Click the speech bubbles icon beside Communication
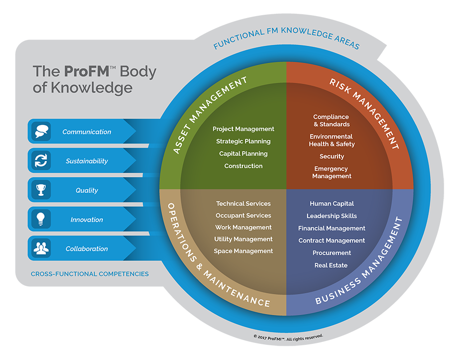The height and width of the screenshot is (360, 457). point(41,131)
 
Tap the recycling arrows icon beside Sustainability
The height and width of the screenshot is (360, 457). point(41,160)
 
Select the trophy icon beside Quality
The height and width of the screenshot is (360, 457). point(41,190)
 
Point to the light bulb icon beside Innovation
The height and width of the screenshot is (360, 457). point(41,219)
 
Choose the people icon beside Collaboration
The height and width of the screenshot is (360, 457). point(41,248)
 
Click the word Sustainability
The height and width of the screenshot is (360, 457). point(87,161)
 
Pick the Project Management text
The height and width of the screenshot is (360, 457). point(243,129)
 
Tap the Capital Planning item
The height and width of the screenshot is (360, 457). point(243,154)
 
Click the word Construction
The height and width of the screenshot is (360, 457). point(243,166)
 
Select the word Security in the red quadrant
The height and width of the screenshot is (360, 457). point(332,156)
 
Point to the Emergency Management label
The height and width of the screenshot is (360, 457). point(332,173)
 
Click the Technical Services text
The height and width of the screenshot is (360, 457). point(243,204)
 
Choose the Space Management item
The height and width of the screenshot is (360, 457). point(243,251)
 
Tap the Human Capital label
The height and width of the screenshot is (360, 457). point(332,204)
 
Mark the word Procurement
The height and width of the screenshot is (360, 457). point(332,253)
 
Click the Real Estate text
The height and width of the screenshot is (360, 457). point(331,265)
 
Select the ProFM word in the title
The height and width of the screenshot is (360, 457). point(87,71)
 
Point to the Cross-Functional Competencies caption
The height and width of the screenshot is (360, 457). point(90,274)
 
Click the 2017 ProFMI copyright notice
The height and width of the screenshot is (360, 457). point(288,338)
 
